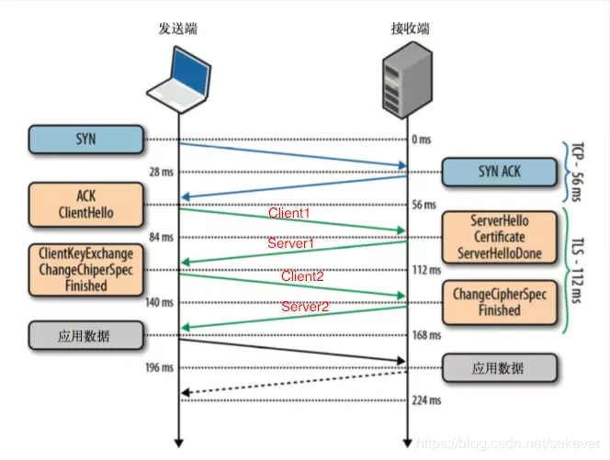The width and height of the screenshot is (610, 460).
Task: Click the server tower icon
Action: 408,83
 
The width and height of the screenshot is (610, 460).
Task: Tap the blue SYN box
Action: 86,140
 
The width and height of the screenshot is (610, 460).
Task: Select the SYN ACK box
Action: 500,172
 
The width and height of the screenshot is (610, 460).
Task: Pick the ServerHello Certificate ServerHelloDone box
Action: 500,237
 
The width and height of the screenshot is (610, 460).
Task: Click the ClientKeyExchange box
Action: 86,270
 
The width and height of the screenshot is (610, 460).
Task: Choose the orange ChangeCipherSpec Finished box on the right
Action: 500,303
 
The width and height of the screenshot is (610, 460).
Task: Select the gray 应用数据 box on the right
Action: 500,368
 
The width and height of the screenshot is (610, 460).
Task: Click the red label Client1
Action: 289,213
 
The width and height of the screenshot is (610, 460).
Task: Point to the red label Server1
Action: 290,243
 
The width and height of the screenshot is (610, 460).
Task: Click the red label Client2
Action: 302,275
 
